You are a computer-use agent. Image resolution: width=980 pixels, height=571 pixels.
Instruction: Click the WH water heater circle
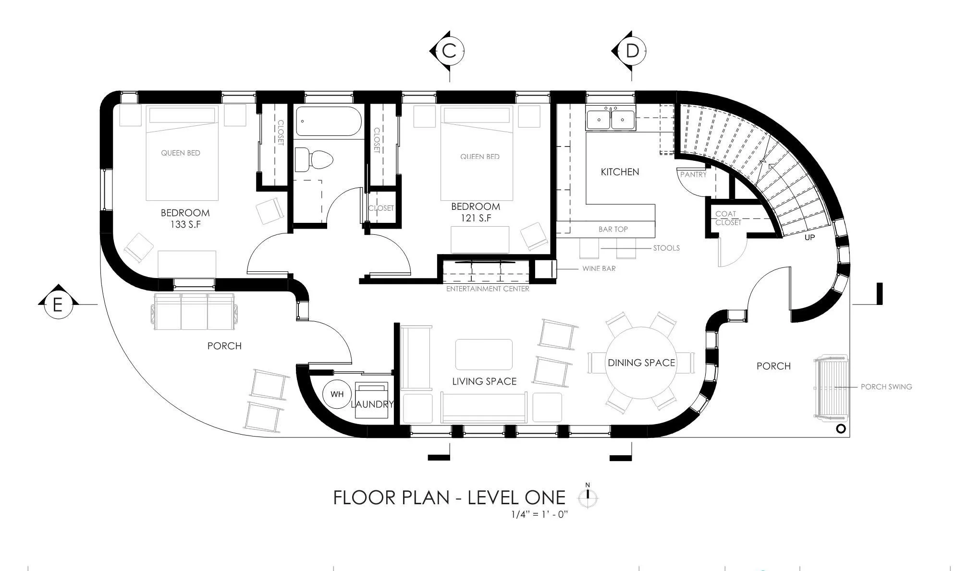[337, 394]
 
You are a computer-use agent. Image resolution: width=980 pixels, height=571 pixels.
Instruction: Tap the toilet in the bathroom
[314, 159]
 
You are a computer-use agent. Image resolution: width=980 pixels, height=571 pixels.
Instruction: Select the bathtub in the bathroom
[329, 121]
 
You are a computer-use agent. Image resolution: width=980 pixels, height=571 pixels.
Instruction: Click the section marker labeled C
[448, 50]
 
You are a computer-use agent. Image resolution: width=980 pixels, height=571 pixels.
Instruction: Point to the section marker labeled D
[630, 50]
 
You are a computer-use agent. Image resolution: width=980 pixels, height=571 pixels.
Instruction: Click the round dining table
[641, 363]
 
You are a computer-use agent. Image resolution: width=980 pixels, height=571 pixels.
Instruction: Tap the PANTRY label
[693, 174]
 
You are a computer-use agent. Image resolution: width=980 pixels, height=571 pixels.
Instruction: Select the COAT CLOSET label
[728, 218]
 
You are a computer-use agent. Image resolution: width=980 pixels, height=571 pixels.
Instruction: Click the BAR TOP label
[613, 229]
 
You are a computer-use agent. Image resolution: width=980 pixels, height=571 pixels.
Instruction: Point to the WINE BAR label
[599, 268]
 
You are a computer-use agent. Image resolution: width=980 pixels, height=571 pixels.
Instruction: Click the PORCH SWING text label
[886, 387]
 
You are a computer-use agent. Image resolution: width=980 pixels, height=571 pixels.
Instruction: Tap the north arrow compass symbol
[588, 496]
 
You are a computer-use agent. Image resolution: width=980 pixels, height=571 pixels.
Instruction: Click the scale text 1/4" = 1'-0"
[539, 514]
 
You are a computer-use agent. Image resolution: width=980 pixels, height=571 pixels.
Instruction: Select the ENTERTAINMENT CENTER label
[488, 289]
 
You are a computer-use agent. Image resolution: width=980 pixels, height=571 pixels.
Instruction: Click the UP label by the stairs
[809, 237]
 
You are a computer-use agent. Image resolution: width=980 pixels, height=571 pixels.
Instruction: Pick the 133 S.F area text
[185, 224]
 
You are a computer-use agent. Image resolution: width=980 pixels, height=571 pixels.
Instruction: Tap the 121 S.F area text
[475, 218]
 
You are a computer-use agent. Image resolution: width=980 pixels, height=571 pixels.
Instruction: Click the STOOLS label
[666, 248]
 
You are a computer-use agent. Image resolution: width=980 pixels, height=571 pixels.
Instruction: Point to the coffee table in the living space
[484, 354]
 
